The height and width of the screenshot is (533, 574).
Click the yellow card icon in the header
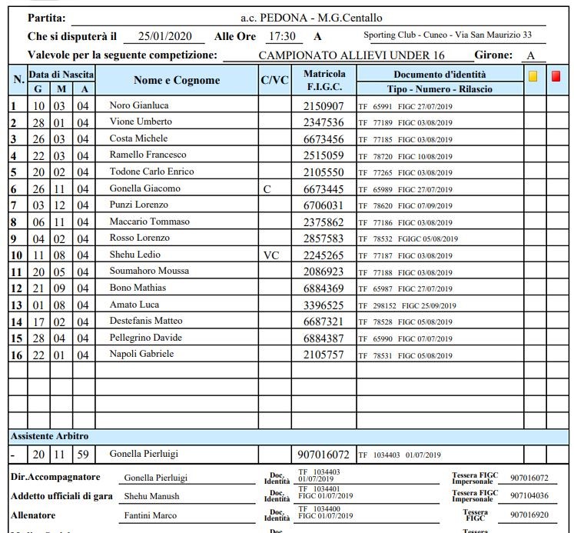click(533, 76)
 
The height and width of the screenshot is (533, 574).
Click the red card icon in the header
click(556, 76)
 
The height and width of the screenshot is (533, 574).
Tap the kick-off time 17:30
click(281, 36)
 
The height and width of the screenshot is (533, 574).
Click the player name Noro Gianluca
click(139, 105)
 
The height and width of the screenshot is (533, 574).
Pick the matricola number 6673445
click(323, 188)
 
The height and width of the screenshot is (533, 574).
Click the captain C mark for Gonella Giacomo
click(267, 188)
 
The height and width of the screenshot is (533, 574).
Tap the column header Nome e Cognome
click(177, 80)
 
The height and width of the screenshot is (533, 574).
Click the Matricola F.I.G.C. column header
click(324, 80)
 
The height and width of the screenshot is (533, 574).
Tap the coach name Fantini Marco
click(150, 515)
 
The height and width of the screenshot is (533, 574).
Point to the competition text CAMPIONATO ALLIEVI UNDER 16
click(352, 55)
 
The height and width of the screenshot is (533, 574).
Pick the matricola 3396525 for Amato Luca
click(323, 305)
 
